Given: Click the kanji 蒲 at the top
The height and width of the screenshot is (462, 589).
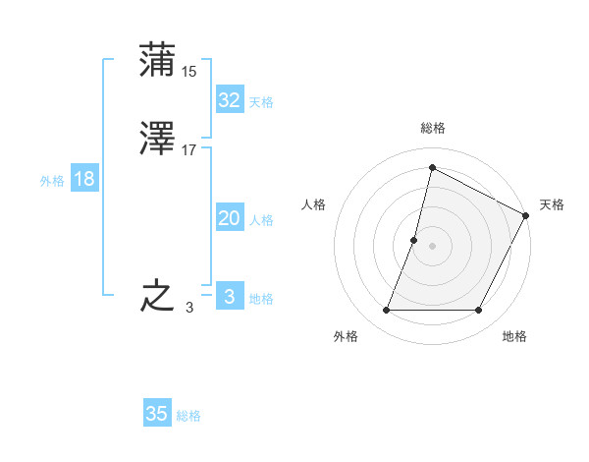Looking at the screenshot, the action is point(157,60).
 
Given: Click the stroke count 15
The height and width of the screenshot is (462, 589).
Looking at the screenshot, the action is point(189,71).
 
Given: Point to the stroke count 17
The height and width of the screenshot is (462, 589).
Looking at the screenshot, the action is point(189,150).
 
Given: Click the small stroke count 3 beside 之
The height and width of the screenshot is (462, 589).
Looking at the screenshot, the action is point(189,308).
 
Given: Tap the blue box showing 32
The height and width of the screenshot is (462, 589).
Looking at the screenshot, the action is point(229,100).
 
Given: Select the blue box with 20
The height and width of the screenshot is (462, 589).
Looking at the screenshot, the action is point(229,219).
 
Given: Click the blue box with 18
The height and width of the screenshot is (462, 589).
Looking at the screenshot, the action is point(83,179).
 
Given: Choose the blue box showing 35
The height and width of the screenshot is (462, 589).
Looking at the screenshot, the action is point(157,414).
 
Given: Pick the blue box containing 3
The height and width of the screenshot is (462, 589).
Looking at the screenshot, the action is point(229,297).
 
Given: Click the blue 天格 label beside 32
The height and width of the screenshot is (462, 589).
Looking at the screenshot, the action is point(261,102).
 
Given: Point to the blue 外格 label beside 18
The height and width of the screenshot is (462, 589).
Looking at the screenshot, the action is point(52,181).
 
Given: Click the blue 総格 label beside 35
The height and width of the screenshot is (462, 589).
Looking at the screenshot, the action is point(188,416).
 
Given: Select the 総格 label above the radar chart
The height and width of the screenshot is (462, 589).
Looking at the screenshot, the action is point(433,128).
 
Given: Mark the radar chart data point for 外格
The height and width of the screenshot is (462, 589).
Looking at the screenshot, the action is point(386,311).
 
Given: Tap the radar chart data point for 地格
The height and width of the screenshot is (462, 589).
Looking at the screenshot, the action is point(479,311).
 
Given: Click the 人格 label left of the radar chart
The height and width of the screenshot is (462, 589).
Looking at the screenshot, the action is point(314,204).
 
